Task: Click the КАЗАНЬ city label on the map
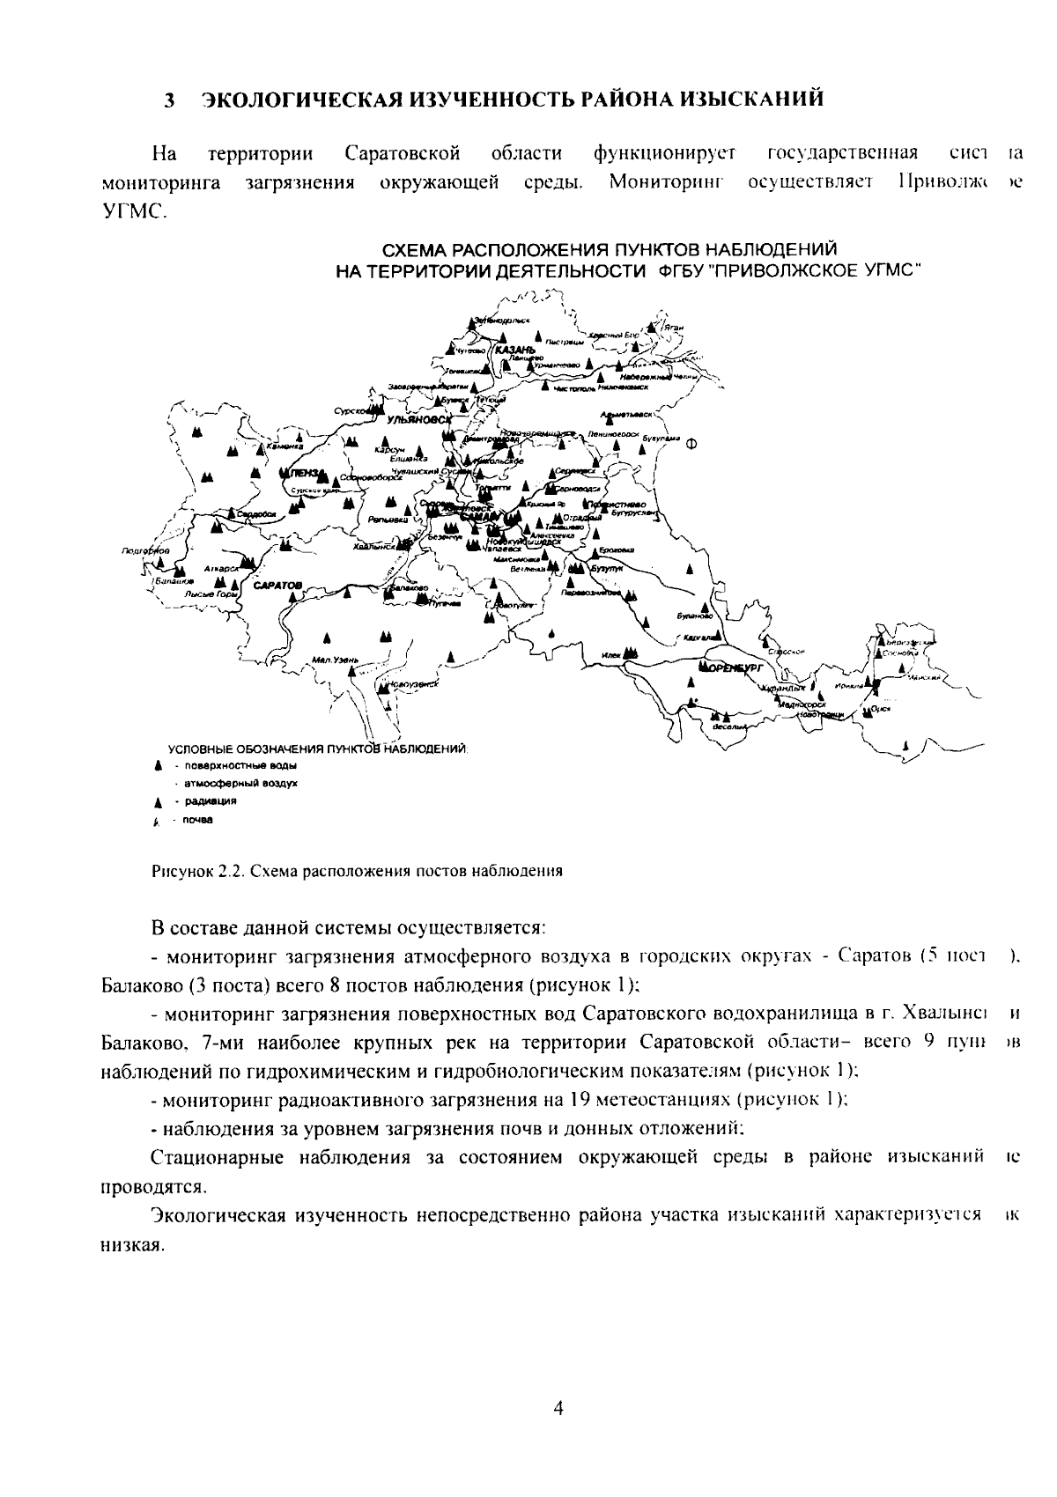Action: pyautogui.click(x=515, y=350)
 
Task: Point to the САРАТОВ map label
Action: pyautogui.click(x=277, y=585)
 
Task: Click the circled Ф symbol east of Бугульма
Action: pyautogui.click(x=691, y=443)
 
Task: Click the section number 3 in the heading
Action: pyautogui.click(x=168, y=100)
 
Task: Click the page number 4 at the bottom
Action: pyautogui.click(x=558, y=1407)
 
